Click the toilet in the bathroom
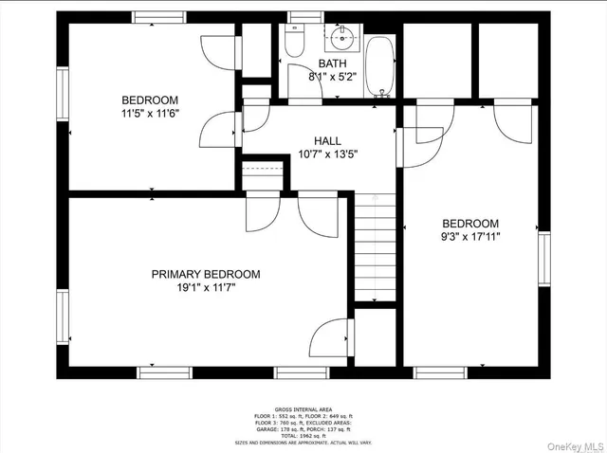(x=294, y=43)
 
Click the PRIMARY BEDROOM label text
(x=206, y=274)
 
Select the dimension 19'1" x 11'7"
(x=206, y=288)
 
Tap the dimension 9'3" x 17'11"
(x=469, y=237)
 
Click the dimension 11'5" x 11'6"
(x=149, y=114)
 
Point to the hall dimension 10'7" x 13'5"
(x=327, y=154)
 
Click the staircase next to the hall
(x=375, y=246)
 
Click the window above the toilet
(x=303, y=16)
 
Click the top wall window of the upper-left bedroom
(x=158, y=16)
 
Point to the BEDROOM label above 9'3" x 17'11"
(x=469, y=224)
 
